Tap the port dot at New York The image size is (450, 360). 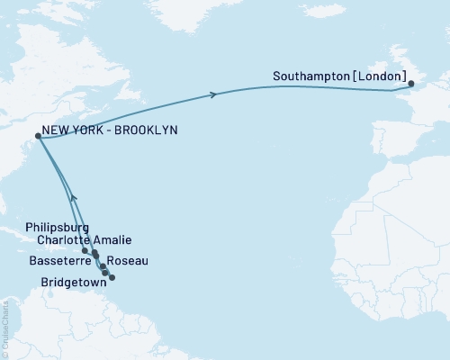[x=38, y=137]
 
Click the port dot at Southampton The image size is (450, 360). [x=411, y=85]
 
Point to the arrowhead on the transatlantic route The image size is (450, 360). [x=213, y=94]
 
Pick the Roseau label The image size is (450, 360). [x=127, y=260]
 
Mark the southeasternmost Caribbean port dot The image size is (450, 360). [x=112, y=277]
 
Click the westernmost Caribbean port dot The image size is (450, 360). [x=85, y=251]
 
